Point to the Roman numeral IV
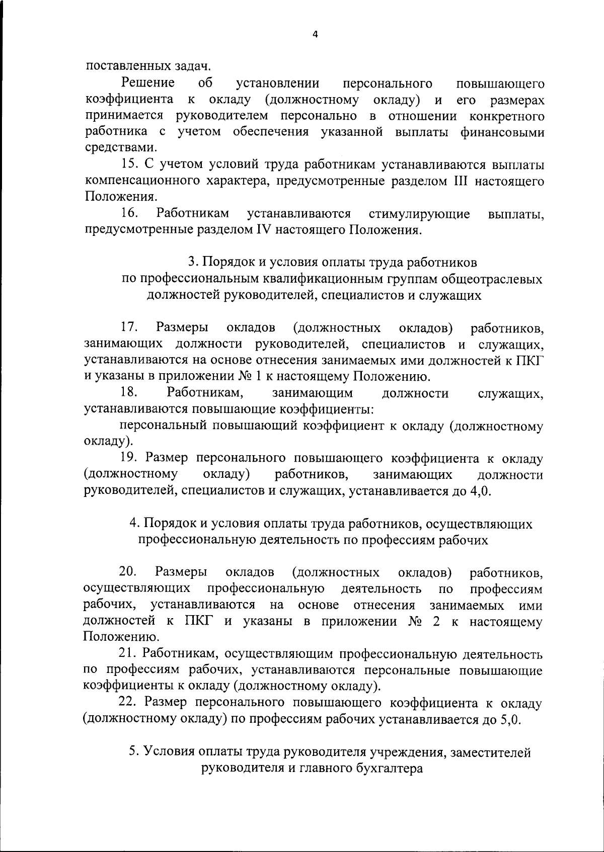(x=258, y=230)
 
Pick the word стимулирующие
(x=419, y=214)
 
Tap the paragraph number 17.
(x=129, y=327)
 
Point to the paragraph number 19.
(x=129, y=458)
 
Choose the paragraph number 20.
(x=128, y=572)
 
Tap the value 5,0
(x=509, y=719)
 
